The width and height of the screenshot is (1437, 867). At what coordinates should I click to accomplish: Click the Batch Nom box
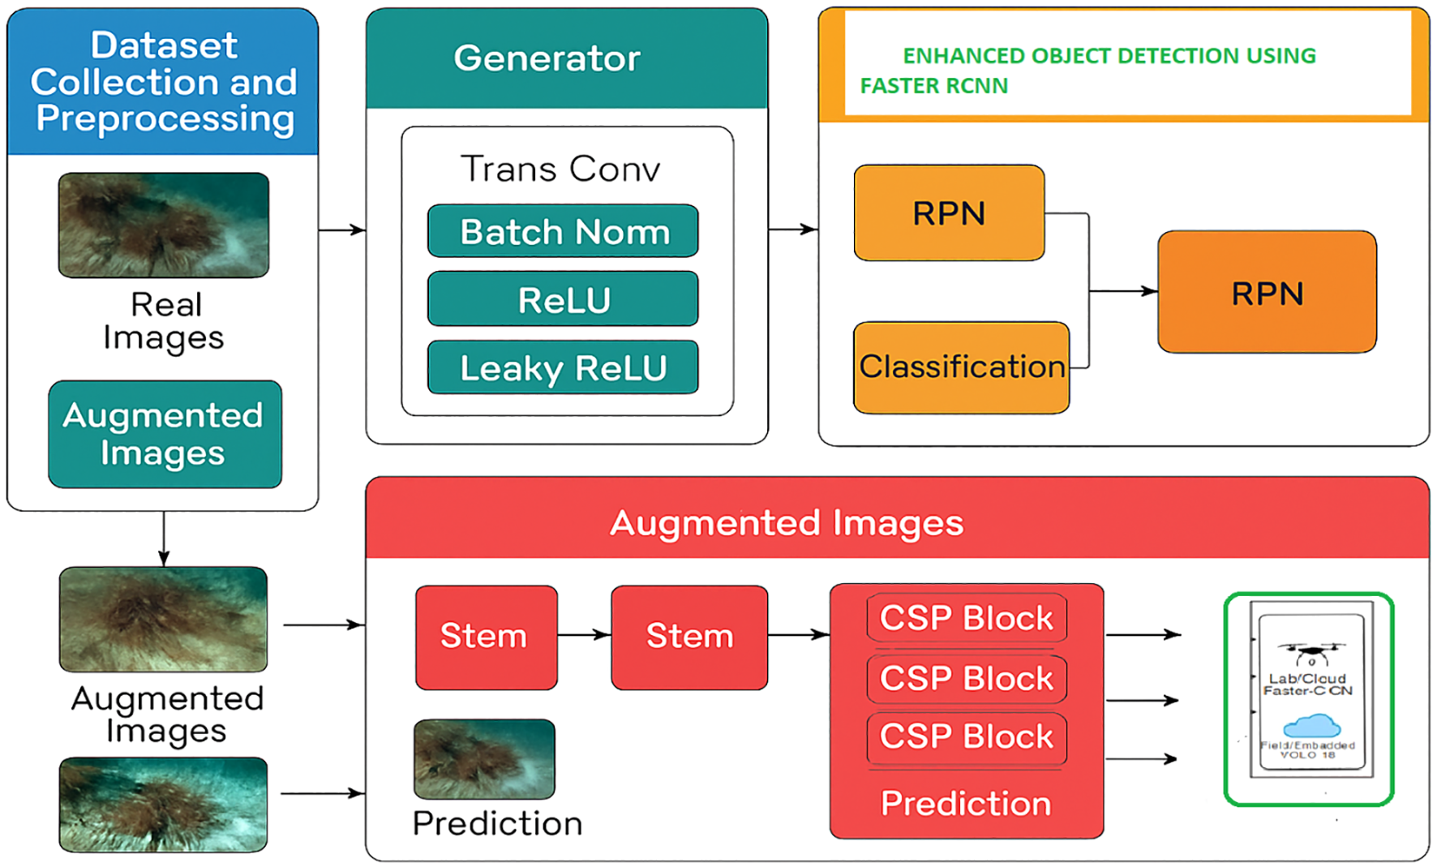563,232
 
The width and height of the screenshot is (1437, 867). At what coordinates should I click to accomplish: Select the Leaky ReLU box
563,368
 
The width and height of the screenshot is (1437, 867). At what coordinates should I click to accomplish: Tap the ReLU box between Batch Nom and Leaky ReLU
563,300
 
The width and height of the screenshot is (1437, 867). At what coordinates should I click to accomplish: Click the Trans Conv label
560,169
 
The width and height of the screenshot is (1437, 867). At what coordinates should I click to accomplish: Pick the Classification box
961,367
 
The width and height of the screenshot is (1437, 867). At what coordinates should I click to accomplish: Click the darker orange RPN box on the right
1267,293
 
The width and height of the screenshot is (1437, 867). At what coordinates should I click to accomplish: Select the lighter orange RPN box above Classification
949,213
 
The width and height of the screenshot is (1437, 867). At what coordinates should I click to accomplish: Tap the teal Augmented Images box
165,434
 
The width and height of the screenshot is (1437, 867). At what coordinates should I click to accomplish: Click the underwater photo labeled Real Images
164,225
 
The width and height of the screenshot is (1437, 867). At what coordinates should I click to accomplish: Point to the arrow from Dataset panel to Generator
341,230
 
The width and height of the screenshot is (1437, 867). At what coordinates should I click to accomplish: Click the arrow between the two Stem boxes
584,635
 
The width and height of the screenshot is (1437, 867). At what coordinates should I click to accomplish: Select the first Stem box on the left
486,637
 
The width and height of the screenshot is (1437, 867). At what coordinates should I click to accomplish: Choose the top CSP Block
967,619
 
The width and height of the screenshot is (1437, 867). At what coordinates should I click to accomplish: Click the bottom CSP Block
967,737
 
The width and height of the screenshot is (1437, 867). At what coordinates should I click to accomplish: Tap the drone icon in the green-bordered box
1311,652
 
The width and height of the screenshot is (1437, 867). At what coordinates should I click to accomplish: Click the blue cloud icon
1311,725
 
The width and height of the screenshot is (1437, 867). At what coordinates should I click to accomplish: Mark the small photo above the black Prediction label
484,759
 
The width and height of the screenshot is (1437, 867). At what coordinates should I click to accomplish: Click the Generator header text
547,58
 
